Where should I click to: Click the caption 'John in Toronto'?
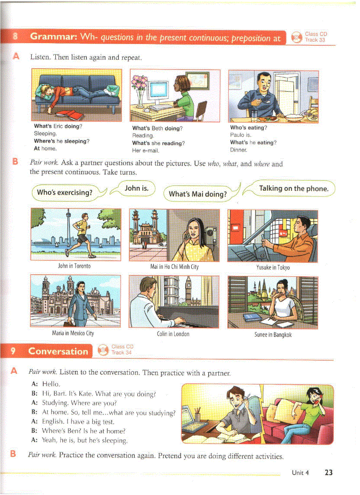74,266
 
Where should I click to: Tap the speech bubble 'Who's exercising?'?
64,192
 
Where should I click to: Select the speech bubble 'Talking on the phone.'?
293,189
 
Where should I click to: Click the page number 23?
328,473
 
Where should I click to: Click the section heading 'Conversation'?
58,351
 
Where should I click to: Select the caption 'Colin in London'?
173,334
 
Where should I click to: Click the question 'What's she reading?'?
158,143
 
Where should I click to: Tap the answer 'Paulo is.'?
240,135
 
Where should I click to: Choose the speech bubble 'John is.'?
136,188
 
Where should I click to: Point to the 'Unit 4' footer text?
300,473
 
